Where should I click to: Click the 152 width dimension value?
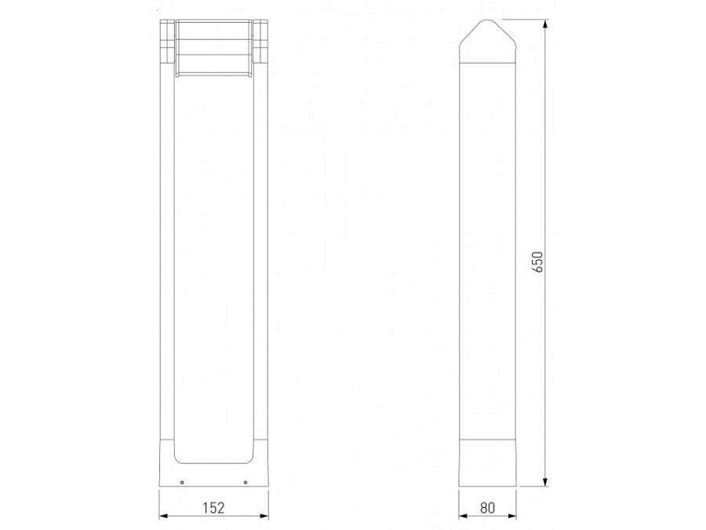click(x=213, y=507)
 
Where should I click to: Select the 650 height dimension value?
click(x=537, y=261)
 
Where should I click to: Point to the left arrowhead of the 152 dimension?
click(x=163, y=516)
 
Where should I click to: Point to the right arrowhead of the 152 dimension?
click(x=264, y=516)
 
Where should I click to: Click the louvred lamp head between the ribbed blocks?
click(x=213, y=47)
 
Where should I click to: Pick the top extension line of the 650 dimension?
click(x=522, y=19)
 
